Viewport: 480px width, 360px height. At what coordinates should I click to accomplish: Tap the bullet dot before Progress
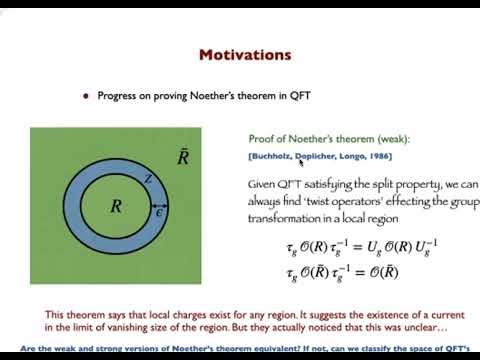[x=87, y=96]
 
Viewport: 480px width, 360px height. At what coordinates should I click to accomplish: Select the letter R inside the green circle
[x=116, y=207]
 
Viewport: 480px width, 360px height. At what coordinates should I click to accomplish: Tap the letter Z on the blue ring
[x=147, y=178]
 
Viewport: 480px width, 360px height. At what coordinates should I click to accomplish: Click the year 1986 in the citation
[x=378, y=156]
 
